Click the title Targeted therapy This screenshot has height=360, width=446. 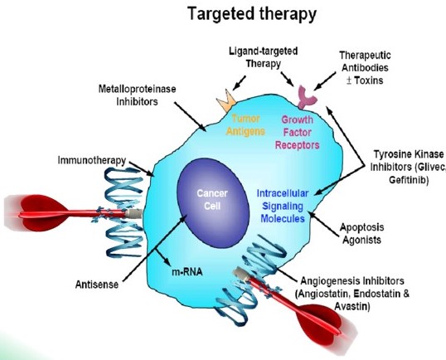coord(240,15)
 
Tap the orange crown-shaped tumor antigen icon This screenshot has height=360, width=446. coord(225,103)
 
